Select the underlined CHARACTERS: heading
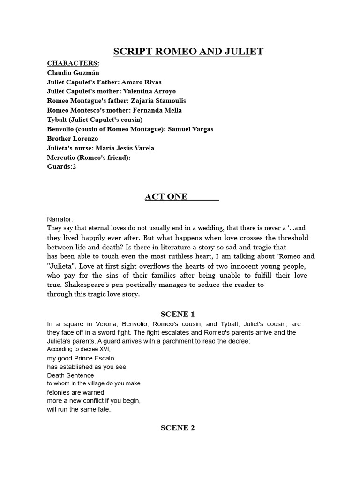[x=73, y=63]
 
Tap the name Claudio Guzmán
[x=73, y=73]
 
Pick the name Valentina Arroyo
[x=150, y=91]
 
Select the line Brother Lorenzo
[x=73, y=138]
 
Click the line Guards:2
[x=61, y=166]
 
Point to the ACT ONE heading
[x=166, y=197]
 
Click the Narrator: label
[x=60, y=219]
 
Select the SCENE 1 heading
[x=177, y=314]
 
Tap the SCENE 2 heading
[x=177, y=427]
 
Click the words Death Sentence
[x=70, y=375]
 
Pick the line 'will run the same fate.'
[x=79, y=409]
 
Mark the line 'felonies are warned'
[x=75, y=392]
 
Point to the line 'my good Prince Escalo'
[x=81, y=358]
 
